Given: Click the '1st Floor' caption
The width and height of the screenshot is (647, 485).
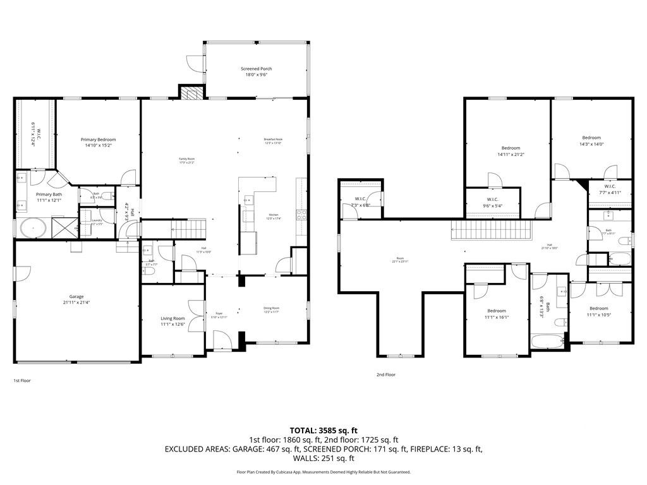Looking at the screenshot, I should point(22,381).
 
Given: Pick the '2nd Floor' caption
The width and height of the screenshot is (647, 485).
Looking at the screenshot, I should point(385,374).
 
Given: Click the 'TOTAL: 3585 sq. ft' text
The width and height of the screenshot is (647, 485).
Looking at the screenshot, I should point(323,430).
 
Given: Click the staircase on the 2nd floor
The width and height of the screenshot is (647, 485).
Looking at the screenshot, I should point(491,231).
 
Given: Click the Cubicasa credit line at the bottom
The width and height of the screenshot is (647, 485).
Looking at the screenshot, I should point(323,472).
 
